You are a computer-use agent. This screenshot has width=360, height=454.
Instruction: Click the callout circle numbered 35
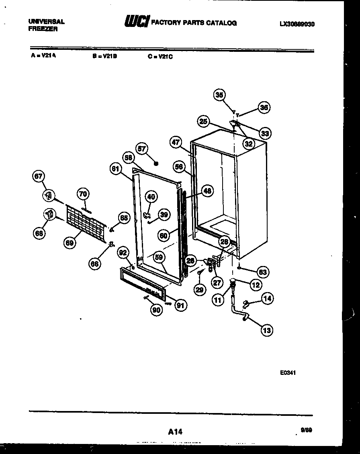(x=219, y=95)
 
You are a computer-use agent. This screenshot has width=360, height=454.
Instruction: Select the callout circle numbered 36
(x=264, y=107)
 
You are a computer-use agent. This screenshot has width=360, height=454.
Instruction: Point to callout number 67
(x=39, y=176)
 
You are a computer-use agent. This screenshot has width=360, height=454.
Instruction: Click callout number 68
(x=39, y=233)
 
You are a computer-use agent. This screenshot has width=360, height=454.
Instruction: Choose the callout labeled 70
(x=83, y=194)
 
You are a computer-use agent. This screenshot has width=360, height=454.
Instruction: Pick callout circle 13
(x=266, y=330)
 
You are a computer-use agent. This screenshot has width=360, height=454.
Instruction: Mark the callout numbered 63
(x=263, y=272)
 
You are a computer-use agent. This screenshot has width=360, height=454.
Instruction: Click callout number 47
(x=176, y=142)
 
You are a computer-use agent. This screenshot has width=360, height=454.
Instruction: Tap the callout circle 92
(x=123, y=253)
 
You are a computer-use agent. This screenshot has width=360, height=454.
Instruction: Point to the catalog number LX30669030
(x=297, y=24)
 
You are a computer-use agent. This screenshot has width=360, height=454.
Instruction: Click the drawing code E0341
(x=288, y=372)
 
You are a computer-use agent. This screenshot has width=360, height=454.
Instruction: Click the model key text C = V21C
(x=160, y=57)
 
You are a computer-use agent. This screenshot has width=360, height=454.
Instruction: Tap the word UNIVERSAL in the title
(x=47, y=22)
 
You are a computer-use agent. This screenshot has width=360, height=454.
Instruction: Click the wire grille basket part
(x=86, y=221)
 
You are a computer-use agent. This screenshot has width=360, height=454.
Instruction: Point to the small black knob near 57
(x=156, y=164)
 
